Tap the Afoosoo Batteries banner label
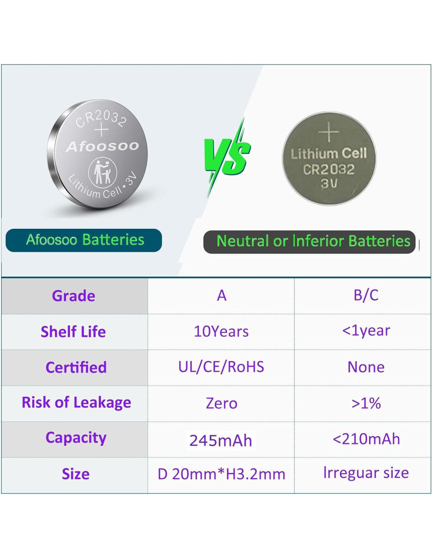[x=84, y=240]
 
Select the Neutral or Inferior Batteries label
[x=309, y=242]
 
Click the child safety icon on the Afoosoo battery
[x=103, y=170]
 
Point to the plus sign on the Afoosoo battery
[x=101, y=129]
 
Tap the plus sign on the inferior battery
[x=328, y=132]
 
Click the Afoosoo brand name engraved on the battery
[x=102, y=147]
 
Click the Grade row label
[x=73, y=296]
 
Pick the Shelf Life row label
[x=73, y=332]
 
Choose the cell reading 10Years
[x=221, y=332]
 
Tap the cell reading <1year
[x=366, y=331]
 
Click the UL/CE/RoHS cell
[x=221, y=367]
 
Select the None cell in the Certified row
[x=366, y=367]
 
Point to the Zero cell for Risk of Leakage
[x=221, y=403]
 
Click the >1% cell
[x=366, y=403]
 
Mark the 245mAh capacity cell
[x=221, y=441]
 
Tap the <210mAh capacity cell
[x=366, y=439]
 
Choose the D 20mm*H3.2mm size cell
[x=221, y=474]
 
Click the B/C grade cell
[x=366, y=295]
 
